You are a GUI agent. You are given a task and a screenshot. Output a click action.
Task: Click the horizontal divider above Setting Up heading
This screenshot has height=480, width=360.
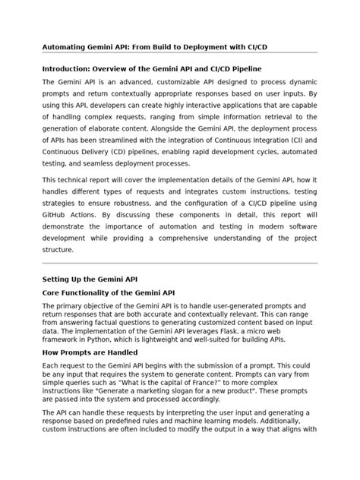pos(179,263)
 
